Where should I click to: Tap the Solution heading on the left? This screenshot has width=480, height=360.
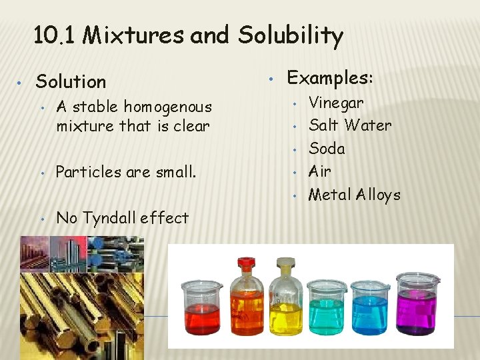71,81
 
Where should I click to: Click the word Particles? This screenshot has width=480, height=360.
87,172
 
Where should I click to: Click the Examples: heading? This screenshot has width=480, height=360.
329,78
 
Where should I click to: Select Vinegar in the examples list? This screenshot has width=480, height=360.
336,103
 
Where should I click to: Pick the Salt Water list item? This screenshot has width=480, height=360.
350,125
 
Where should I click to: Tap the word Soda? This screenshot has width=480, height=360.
327,148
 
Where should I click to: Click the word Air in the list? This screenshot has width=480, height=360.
320,171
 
